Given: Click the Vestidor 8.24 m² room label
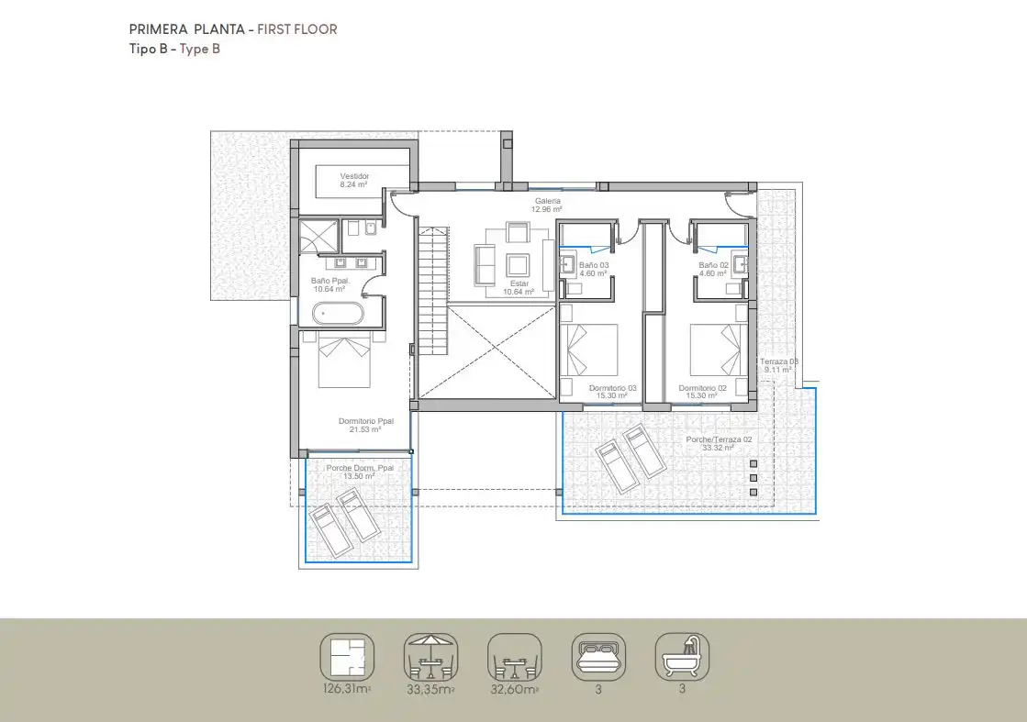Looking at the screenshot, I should pyautogui.click(x=353, y=180).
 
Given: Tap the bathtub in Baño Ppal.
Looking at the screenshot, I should pyautogui.click(x=339, y=315).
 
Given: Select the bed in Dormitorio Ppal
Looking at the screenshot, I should pyautogui.click(x=344, y=361).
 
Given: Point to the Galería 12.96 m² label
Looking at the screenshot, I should pyautogui.click(x=548, y=205).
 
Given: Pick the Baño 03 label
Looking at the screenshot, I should pyautogui.click(x=594, y=269).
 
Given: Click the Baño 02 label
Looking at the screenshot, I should pyautogui.click(x=713, y=269).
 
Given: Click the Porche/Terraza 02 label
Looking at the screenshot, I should pyautogui.click(x=719, y=443).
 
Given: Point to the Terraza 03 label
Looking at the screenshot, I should pyautogui.click(x=777, y=366).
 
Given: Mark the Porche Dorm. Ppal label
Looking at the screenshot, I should pyautogui.click(x=360, y=472).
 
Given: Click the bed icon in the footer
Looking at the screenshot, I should pyautogui.click(x=597, y=656).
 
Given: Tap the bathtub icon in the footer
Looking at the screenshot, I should pyautogui.click(x=682, y=656).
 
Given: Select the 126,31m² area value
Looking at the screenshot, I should pyautogui.click(x=346, y=689).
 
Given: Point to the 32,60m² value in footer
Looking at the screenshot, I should pyautogui.click(x=514, y=689).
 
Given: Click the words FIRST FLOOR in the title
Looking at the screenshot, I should pyautogui.click(x=296, y=29).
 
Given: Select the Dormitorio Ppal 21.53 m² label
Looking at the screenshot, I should pyautogui.click(x=365, y=425).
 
